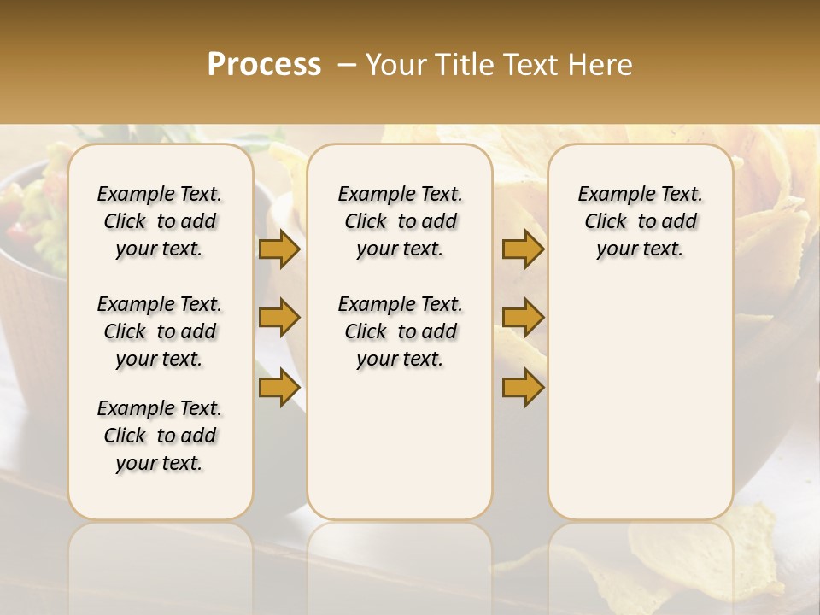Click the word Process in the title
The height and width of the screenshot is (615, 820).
[264, 64]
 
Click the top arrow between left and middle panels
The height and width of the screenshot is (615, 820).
[279, 249]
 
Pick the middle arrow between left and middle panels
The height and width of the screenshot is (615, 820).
[279, 318]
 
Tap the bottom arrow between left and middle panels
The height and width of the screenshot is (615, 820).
[279, 387]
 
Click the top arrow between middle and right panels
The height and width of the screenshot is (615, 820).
[523, 249]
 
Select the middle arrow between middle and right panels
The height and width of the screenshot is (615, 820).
[523, 318]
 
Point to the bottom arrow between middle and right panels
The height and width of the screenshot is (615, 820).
[523, 387]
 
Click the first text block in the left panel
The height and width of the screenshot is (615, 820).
[160, 221]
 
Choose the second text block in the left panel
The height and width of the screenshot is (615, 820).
[160, 331]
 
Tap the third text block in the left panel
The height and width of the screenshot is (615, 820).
[160, 436]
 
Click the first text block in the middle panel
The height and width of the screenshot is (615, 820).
[400, 221]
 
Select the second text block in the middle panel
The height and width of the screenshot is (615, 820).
[400, 331]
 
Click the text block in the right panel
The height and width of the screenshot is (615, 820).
[640, 221]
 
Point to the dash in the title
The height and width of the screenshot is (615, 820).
[347, 65]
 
